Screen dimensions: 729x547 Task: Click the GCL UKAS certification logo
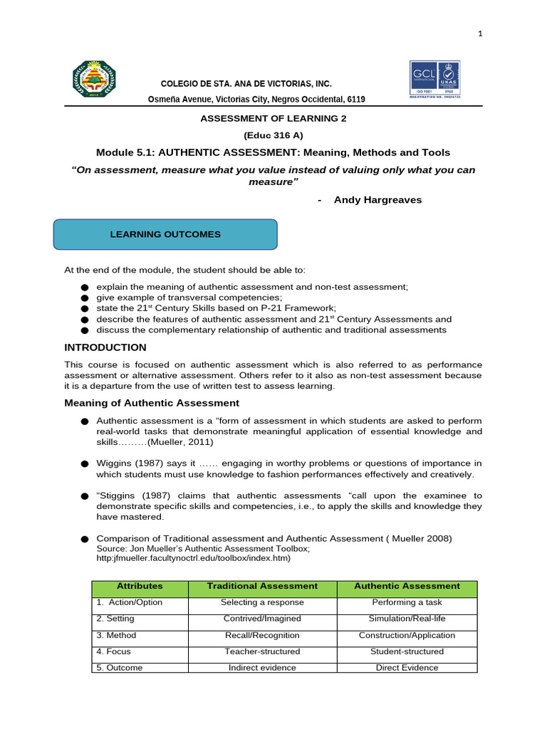(434, 79)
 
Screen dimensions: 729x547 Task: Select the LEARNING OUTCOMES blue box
(165, 234)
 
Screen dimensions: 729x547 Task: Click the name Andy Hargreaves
(377, 200)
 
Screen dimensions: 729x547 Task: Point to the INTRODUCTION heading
(105, 347)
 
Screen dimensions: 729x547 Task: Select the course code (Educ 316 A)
(273, 135)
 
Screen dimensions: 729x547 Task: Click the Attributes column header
(140, 586)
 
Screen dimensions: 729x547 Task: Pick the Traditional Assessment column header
(262, 586)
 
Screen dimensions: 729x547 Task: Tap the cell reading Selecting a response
(262, 602)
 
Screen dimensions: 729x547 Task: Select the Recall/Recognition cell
(262, 635)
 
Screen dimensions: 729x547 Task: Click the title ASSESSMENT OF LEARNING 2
(273, 118)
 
